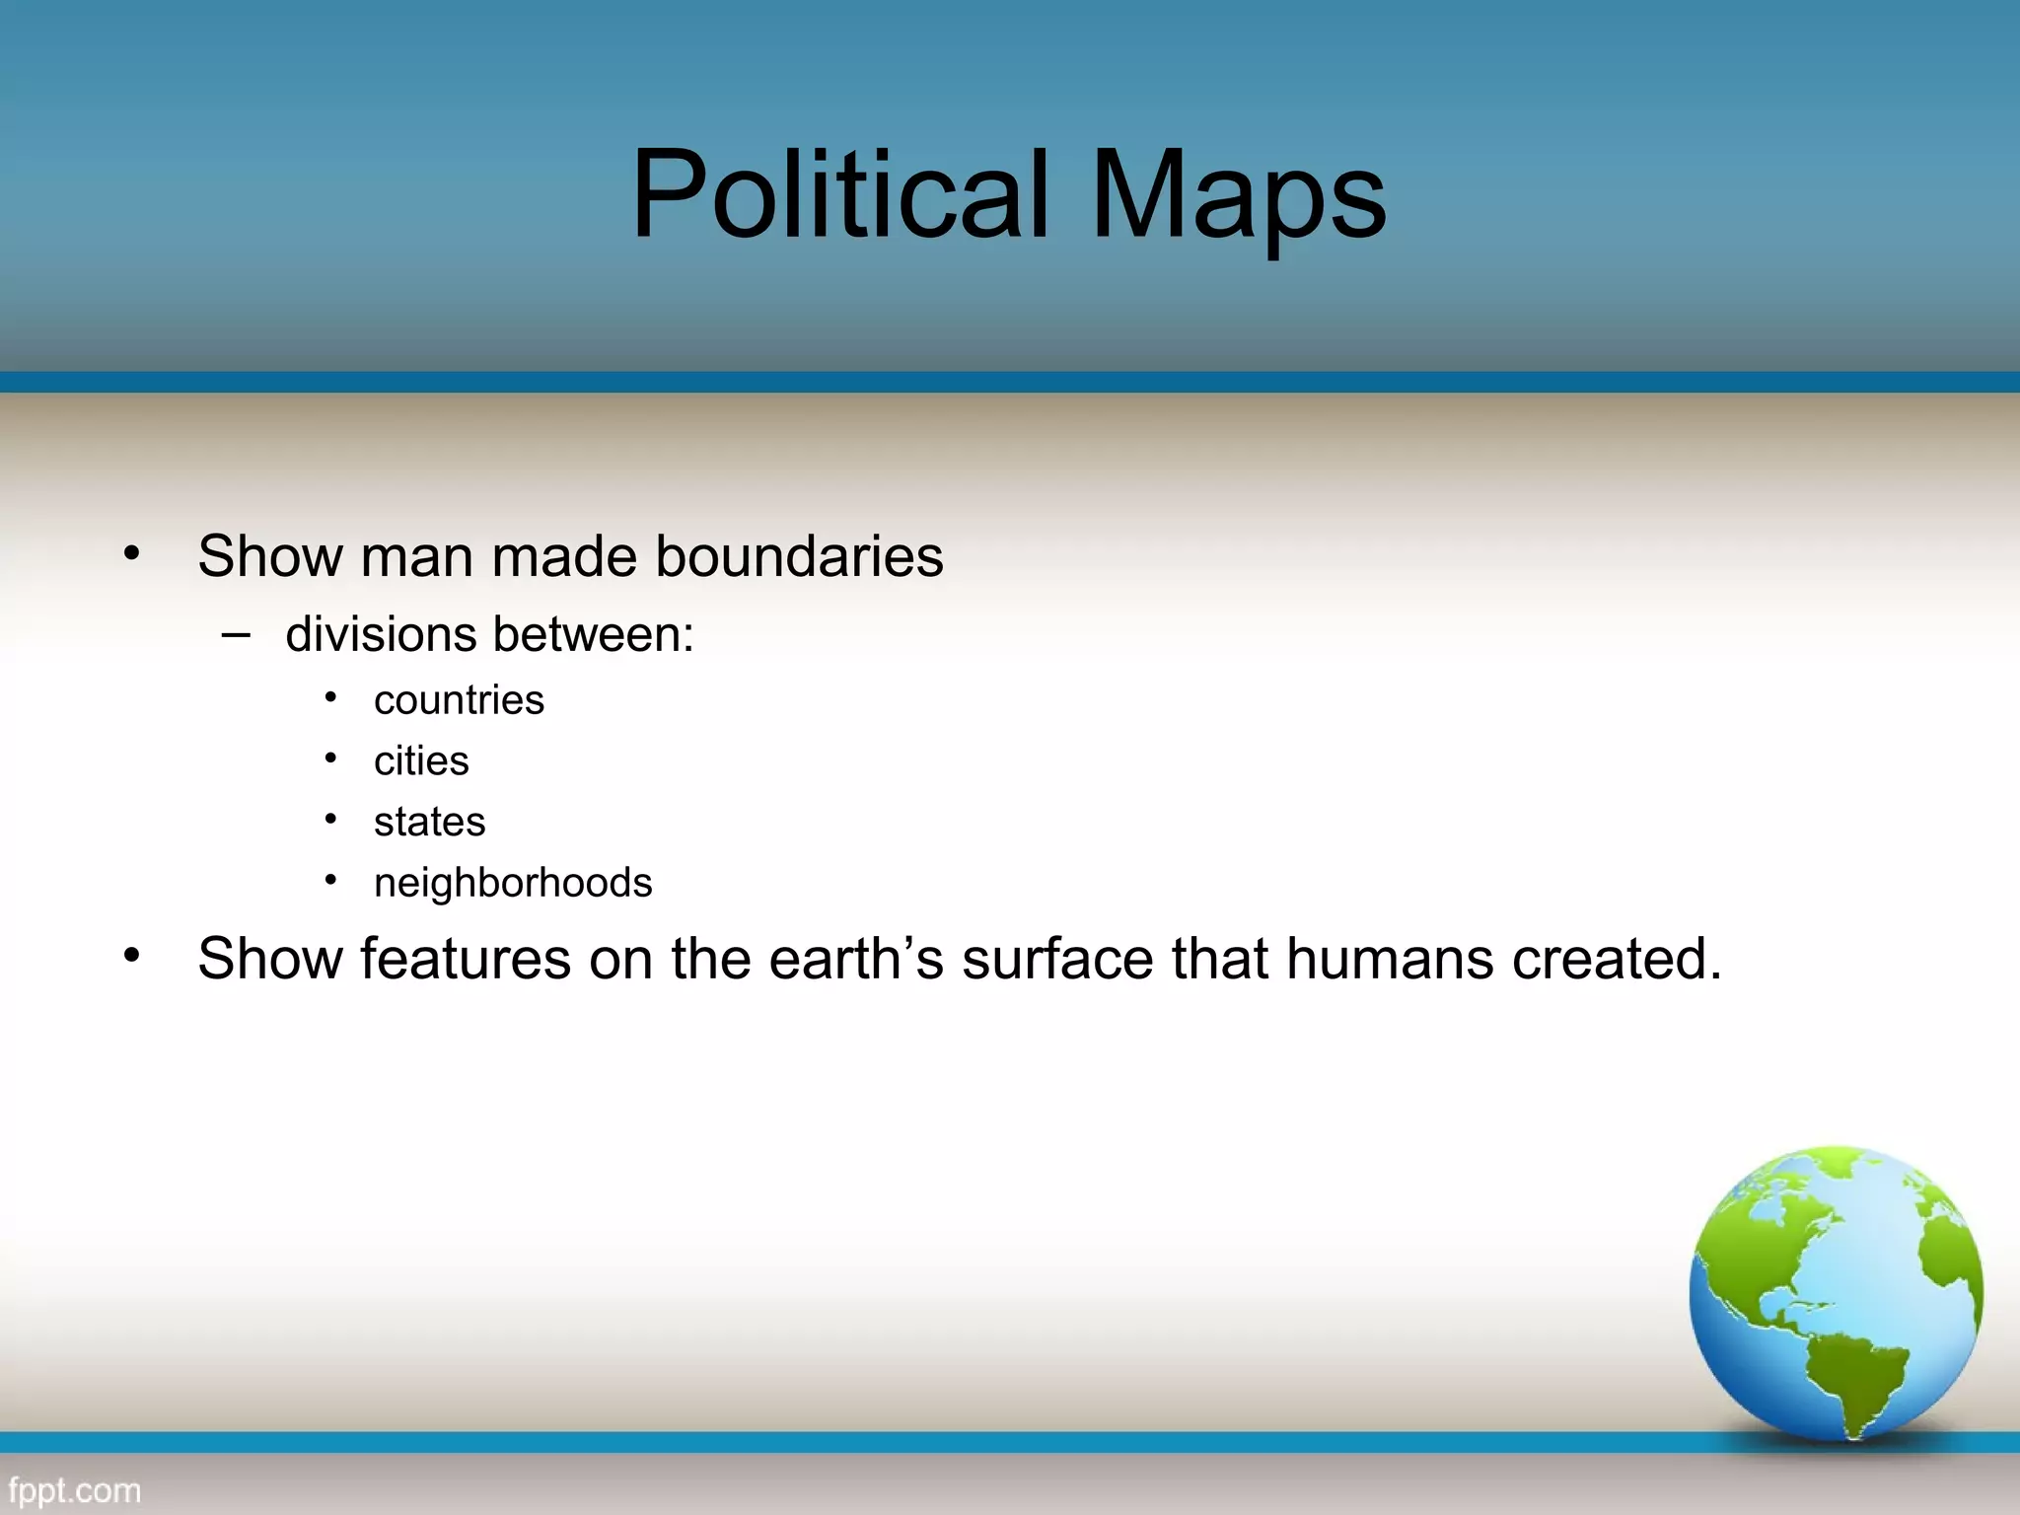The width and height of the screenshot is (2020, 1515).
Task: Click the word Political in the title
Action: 838,194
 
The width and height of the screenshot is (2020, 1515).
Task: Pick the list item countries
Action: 459,700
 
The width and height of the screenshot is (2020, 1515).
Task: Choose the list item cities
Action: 421,761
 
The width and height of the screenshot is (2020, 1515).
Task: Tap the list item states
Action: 429,822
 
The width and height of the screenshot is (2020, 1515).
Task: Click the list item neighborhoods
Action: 513,883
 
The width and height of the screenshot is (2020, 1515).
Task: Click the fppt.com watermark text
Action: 74,1489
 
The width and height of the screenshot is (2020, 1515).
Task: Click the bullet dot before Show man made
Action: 132,554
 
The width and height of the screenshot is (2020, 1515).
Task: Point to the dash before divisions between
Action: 236,635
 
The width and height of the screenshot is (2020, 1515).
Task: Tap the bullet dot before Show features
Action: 132,956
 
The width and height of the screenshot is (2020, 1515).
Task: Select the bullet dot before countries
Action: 331,699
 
